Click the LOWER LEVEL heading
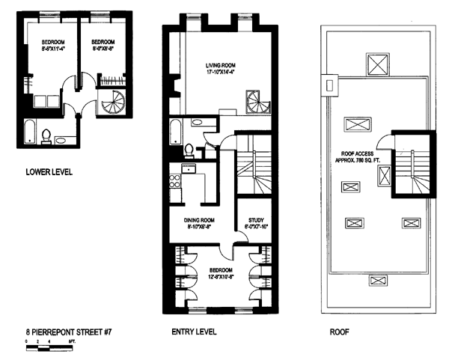49,171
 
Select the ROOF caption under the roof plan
340,330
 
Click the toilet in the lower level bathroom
46,135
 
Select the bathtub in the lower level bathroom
29,132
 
